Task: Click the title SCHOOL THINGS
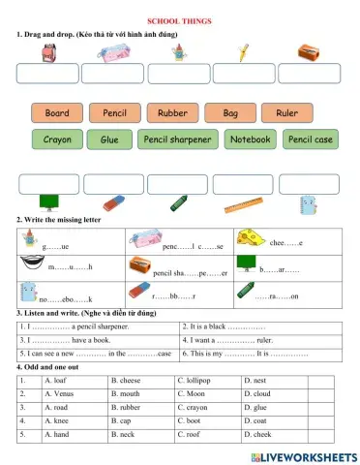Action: [179, 20]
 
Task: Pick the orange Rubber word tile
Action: [172, 113]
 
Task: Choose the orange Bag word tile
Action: [230, 113]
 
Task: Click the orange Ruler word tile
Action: [286, 113]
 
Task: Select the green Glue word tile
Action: [109, 139]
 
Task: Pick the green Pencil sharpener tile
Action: [177, 139]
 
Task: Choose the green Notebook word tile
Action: [251, 139]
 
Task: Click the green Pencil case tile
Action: [311, 139]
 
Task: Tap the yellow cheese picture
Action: [251, 237]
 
